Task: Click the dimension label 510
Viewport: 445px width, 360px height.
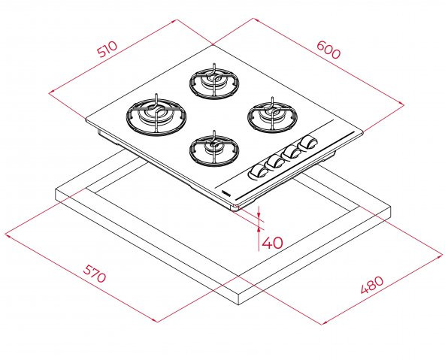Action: (x=107, y=51)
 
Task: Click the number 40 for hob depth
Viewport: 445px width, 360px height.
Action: (x=272, y=242)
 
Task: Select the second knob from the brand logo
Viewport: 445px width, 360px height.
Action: (x=275, y=162)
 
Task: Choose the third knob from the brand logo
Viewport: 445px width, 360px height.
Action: (x=291, y=152)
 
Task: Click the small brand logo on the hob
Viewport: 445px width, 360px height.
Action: (x=228, y=194)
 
